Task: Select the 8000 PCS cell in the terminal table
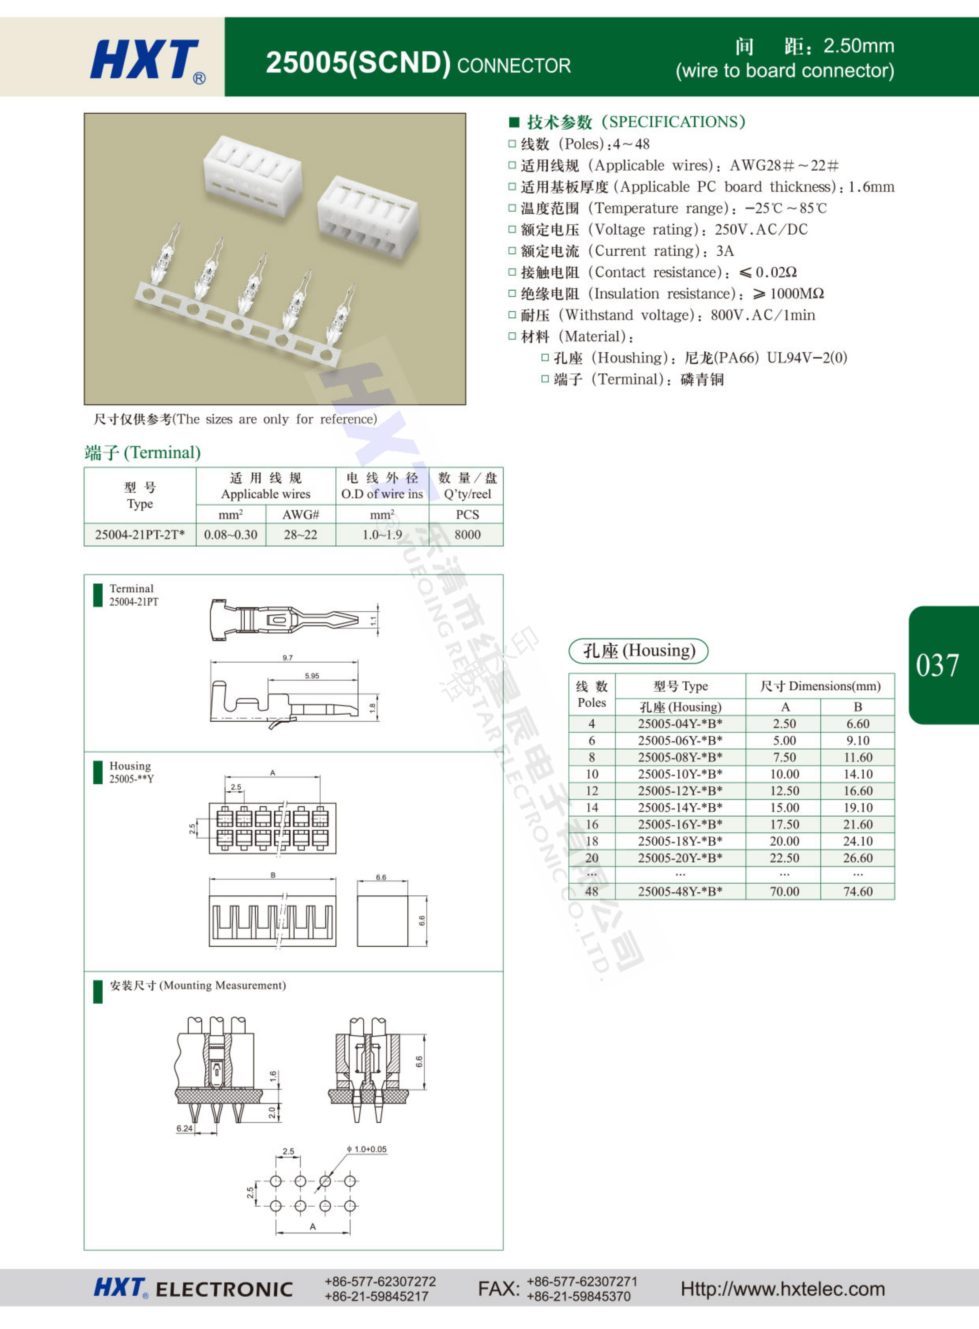tap(467, 534)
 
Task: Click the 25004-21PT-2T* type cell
tap(140, 534)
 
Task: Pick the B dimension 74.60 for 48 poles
tap(858, 891)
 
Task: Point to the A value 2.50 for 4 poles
tap(784, 723)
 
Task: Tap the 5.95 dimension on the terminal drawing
tap(312, 675)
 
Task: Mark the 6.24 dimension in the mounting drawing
tap(184, 1128)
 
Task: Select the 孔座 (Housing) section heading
tap(638, 651)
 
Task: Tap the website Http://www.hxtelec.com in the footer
tap(782, 1289)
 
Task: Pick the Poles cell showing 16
tap(592, 824)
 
